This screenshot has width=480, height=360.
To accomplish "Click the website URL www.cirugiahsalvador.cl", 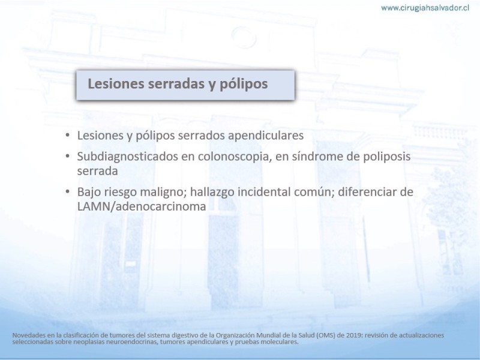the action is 425,8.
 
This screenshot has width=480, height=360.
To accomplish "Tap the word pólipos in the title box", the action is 244,84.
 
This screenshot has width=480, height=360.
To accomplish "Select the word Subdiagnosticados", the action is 127,157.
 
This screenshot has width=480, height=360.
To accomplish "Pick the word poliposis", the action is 386,157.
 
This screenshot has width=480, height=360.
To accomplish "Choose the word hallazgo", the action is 212,193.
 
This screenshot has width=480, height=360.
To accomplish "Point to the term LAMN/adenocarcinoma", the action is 142,206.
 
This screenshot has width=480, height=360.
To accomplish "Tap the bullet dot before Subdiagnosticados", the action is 68,157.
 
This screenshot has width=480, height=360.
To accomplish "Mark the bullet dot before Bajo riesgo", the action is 68,192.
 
